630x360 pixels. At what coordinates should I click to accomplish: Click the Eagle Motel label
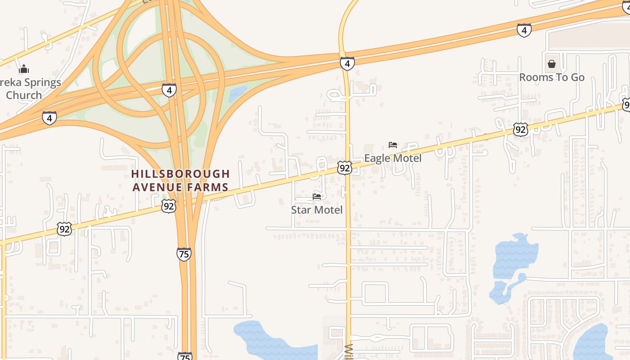[x=393, y=158]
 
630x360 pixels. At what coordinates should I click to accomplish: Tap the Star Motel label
[x=317, y=210]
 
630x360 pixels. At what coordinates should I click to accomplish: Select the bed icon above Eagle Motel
[x=393, y=145]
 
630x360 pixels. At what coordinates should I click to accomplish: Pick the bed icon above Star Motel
[x=317, y=197]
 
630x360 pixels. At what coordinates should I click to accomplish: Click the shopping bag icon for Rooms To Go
[x=552, y=64]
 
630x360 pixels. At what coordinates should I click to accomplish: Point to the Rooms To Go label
[x=552, y=77]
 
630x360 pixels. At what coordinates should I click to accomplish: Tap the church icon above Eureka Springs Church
[x=24, y=69]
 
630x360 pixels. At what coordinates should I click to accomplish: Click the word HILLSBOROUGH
[x=180, y=174]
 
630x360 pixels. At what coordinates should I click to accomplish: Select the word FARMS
[x=210, y=187]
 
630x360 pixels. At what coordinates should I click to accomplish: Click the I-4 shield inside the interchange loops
[x=169, y=90]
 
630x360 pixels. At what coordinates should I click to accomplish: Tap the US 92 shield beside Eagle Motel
[x=344, y=168]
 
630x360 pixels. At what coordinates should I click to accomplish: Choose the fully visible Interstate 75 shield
[x=184, y=254]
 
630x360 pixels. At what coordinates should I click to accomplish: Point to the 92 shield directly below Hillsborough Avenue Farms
[x=168, y=206]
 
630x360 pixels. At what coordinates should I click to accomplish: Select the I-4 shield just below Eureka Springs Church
[x=49, y=118]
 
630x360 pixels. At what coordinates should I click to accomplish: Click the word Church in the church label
[x=24, y=95]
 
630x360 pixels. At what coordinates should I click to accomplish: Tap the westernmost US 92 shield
[x=64, y=229]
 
